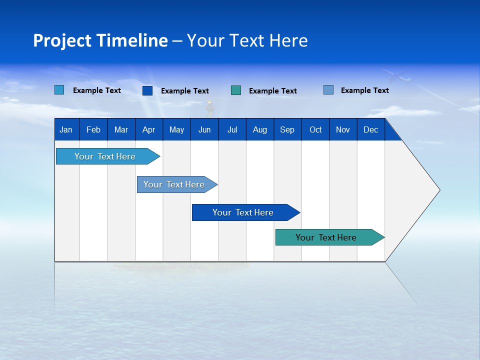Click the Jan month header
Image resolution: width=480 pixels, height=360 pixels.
coord(66,129)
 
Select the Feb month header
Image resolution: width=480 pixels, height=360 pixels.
coord(93,129)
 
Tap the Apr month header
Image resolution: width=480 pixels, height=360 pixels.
coord(148,129)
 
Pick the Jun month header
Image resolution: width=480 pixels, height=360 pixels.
coord(204,129)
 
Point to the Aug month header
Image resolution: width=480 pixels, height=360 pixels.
coord(260,129)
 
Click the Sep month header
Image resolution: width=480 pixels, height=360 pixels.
coord(287,129)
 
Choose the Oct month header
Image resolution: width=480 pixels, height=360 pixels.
coord(315,129)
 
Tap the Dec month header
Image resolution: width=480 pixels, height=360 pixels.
coord(371,129)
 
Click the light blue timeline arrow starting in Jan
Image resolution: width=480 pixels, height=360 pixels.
coord(105,156)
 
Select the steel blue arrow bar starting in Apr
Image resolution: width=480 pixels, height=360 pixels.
coord(174,184)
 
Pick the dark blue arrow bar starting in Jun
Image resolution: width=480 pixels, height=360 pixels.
coord(243,212)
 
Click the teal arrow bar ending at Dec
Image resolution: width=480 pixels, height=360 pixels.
coord(326,237)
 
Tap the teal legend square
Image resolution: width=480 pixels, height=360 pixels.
coord(236,90)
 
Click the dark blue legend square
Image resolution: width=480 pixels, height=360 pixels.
coord(147,90)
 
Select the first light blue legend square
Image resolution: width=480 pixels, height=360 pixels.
coord(59,90)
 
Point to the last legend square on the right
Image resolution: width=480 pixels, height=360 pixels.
coord(328,90)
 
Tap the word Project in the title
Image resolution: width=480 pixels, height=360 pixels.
coord(62,40)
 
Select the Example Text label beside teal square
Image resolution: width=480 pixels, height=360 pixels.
coord(273,91)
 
